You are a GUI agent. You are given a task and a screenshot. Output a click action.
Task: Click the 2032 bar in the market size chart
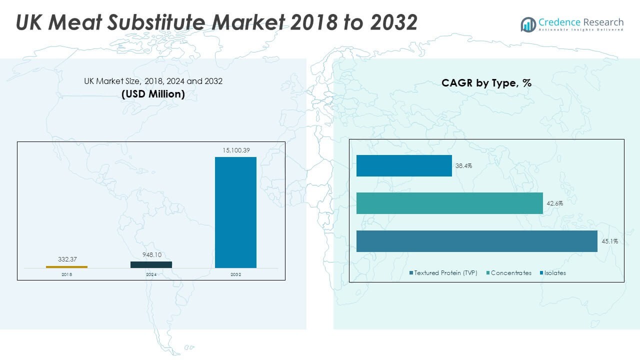tap(235, 212)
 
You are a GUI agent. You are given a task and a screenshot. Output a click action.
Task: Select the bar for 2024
tap(151, 264)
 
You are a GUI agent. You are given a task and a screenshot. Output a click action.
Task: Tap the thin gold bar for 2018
tap(66, 267)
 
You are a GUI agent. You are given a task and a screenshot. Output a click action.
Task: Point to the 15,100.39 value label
tap(235, 150)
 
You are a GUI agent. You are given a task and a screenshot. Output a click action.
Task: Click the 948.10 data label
tap(151, 254)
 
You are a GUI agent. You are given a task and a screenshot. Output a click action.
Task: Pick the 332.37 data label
tap(66, 259)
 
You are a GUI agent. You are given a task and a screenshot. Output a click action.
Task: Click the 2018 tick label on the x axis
tap(66, 274)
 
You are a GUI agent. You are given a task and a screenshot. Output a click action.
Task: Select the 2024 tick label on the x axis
tap(151, 274)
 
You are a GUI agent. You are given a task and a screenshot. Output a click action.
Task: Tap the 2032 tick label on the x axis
tap(235, 274)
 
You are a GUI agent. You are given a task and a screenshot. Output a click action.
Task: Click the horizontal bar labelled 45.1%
tap(476, 241)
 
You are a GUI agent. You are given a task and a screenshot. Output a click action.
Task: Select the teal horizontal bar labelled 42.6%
tap(449, 203)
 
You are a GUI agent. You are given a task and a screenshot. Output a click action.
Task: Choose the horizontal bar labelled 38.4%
tap(404, 165)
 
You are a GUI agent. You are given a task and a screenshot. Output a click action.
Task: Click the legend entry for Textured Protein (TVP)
tap(443, 273)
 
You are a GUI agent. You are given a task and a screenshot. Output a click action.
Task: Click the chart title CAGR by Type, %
tap(486, 83)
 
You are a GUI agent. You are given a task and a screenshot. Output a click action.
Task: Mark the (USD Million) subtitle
tap(153, 94)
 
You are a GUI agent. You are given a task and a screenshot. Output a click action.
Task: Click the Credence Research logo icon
tap(528, 24)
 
